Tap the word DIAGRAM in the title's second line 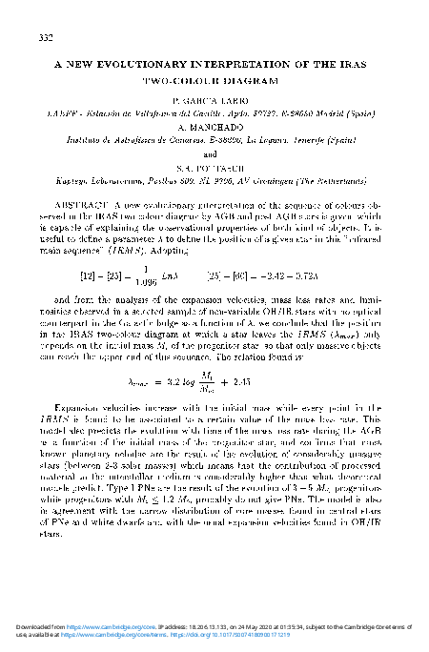click(x=251, y=80)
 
